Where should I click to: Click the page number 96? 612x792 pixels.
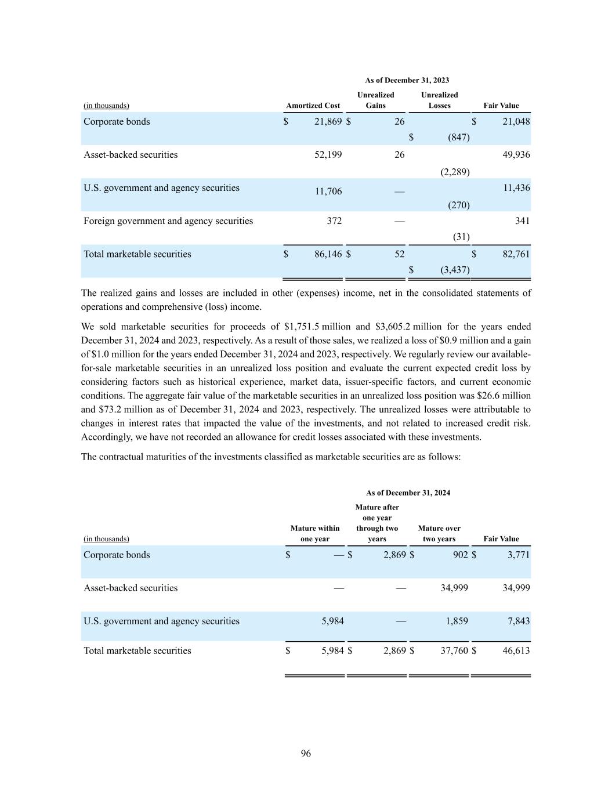coord(306,753)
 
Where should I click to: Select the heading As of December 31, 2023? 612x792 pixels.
coord(407,80)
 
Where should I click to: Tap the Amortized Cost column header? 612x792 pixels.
coord(313,106)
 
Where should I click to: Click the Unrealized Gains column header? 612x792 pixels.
coord(375,100)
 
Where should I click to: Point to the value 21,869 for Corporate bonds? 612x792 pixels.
coord(328,121)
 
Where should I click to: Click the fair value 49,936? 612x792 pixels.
coord(517,154)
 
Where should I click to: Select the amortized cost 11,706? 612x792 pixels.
coord(328,191)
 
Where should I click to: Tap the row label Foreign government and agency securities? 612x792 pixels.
coord(168,220)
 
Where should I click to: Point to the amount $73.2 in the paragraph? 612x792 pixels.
coord(95,409)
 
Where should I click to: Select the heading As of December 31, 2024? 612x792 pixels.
coord(408,493)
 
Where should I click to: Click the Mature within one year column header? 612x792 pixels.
coord(315,533)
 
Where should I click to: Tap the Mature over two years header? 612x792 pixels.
coord(439,533)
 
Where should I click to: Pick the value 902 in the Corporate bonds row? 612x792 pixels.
coord(460,555)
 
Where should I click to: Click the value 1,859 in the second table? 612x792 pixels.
coord(457,621)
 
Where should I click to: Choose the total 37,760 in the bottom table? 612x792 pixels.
coord(454,650)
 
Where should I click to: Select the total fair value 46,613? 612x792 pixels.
coord(516,650)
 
